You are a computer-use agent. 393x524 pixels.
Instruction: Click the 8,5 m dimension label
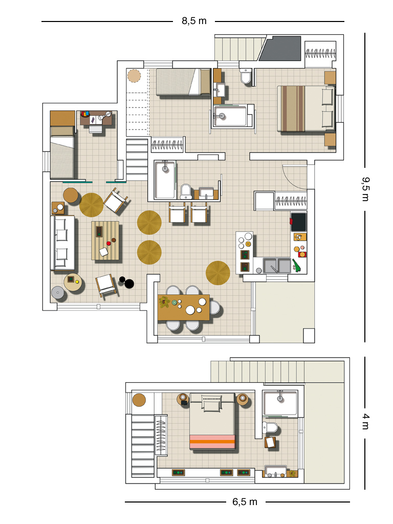coord(194,21)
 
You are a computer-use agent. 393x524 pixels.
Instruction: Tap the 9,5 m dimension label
coord(365,189)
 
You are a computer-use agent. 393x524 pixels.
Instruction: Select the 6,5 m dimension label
coord(245,501)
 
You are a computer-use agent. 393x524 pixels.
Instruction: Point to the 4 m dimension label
coord(366,422)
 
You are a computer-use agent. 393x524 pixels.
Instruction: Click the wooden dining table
coord(184,307)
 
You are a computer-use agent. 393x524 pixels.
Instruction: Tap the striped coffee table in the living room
coord(105,241)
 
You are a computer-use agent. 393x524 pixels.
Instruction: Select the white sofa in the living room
coord(62,243)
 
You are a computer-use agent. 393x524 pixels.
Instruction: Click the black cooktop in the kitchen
coord(298,222)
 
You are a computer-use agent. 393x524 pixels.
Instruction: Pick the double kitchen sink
coord(277,266)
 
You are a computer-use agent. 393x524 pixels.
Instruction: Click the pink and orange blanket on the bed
coord(212,442)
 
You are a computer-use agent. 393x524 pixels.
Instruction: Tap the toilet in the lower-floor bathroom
coord(271,427)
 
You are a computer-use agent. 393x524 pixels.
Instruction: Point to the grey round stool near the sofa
coord(58,293)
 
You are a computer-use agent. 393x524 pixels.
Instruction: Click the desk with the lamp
coord(96,119)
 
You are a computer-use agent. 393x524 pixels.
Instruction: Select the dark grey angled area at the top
coord(281,49)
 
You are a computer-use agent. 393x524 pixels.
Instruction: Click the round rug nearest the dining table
coord(218,273)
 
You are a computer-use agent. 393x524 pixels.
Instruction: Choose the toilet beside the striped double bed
coord(246,76)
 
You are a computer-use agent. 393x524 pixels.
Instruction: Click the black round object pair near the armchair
coord(127,282)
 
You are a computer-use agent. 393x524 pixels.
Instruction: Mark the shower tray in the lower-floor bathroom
coord(280,403)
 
